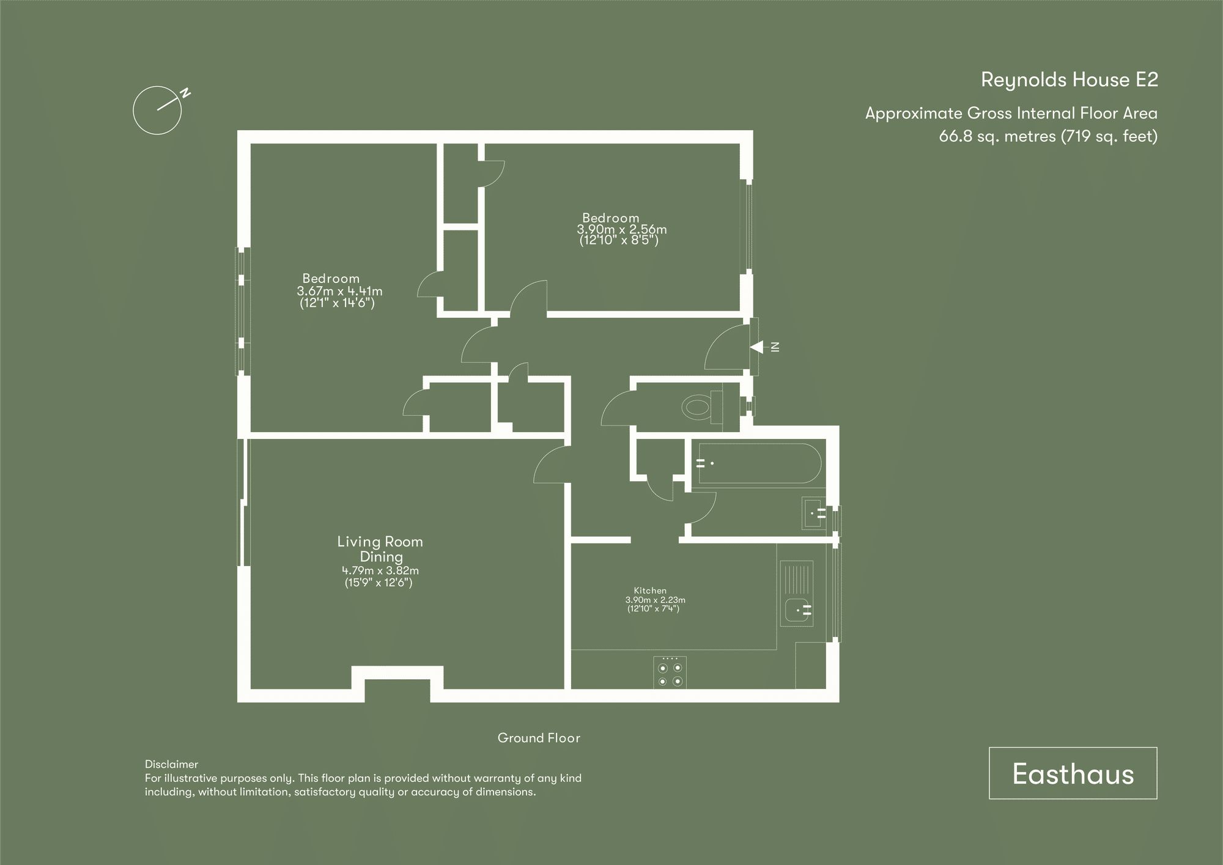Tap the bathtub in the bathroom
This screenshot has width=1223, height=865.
point(759,463)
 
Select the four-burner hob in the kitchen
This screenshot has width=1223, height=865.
point(670,672)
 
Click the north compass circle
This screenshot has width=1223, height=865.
point(157,111)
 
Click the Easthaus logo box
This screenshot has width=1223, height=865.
point(1073,773)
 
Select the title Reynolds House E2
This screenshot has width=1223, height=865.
point(1069,80)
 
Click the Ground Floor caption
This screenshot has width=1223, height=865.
point(539,738)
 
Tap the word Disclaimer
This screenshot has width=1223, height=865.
point(171,764)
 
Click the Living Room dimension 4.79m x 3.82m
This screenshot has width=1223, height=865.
point(380,570)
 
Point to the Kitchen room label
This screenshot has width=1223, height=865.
point(650,591)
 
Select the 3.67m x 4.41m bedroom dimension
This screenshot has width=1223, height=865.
point(339,291)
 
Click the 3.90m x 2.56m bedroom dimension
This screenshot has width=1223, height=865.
point(622,230)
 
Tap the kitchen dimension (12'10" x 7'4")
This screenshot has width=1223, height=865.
point(653,609)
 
